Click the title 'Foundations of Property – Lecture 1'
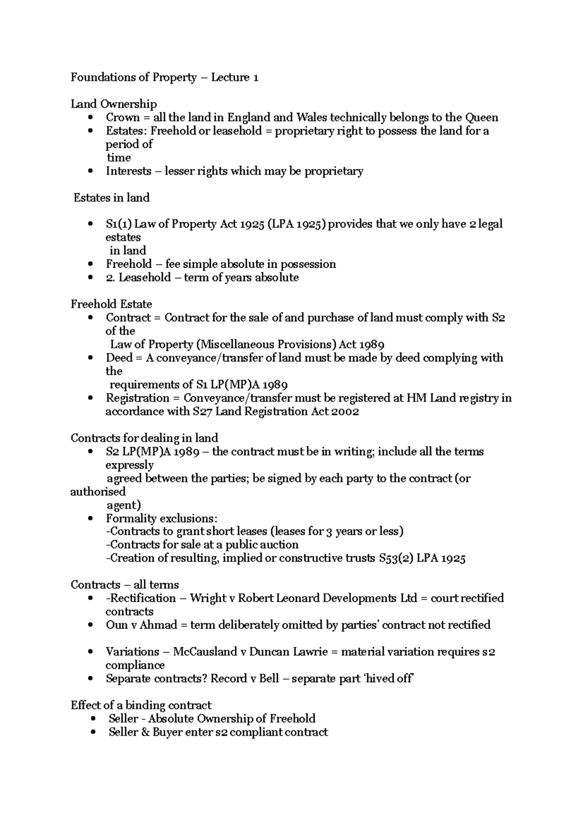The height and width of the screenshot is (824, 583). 164,77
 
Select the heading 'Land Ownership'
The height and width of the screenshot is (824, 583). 114,104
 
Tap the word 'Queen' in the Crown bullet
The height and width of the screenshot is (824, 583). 481,117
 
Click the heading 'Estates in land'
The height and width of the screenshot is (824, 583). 111,198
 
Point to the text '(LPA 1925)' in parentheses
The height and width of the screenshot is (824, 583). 297,224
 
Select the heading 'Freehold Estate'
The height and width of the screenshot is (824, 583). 111,304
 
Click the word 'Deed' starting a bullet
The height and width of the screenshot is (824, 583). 119,358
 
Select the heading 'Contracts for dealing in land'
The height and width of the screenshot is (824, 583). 144,438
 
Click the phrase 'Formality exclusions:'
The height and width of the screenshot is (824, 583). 162,518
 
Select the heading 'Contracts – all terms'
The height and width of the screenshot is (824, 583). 124,585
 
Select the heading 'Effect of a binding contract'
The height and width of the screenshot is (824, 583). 141,705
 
